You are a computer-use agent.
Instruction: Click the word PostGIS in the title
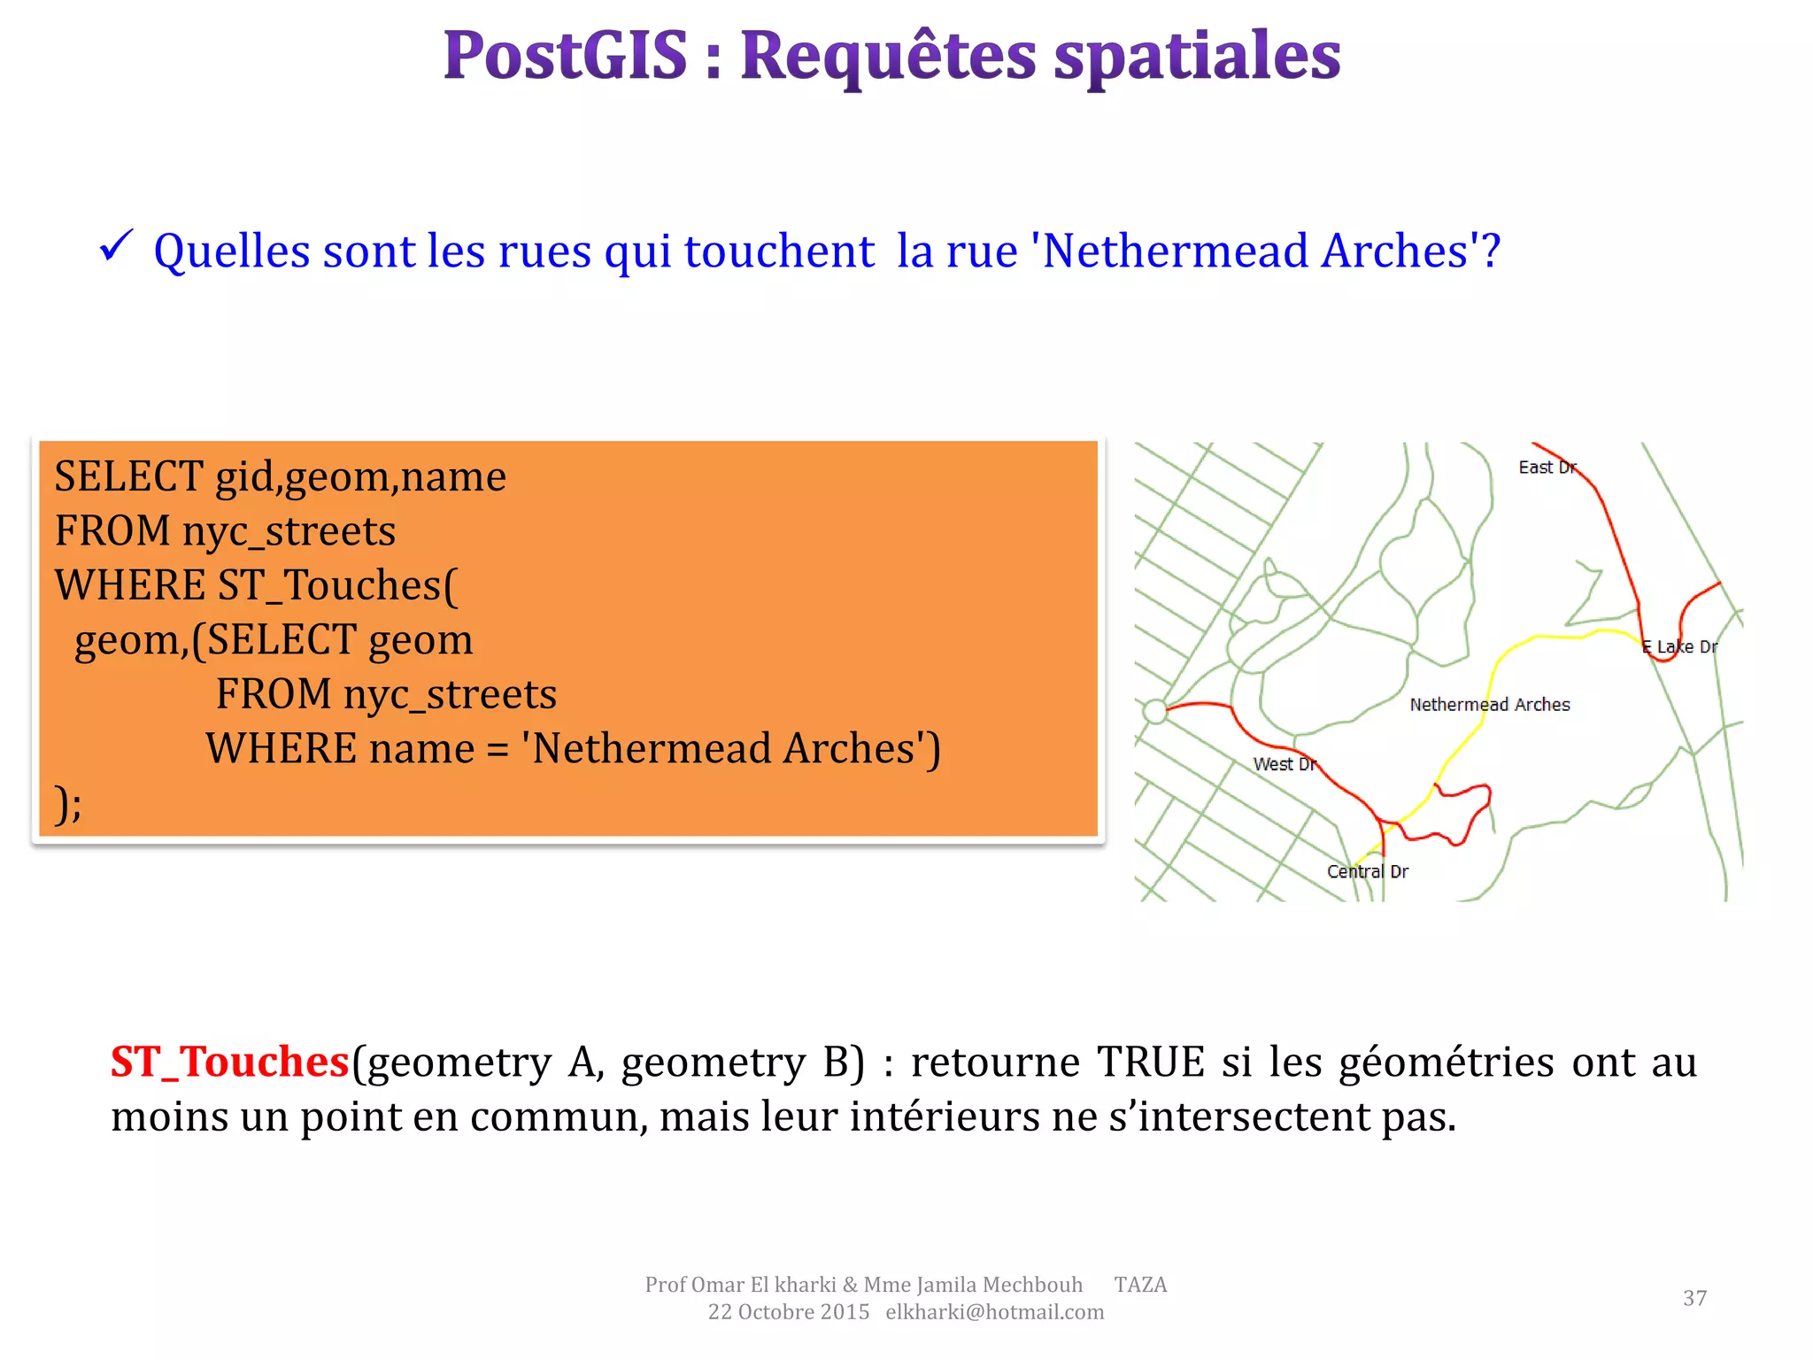click(565, 55)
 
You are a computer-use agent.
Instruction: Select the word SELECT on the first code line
click(128, 476)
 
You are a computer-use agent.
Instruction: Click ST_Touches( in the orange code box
click(337, 585)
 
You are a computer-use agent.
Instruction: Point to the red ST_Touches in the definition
click(229, 1062)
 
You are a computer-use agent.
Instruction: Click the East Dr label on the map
click(1547, 467)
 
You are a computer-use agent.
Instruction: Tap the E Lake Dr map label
click(1679, 647)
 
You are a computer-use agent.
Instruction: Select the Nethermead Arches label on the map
click(1490, 705)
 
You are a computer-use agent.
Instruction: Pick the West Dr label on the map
click(1285, 764)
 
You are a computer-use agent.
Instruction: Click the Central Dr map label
click(1367, 871)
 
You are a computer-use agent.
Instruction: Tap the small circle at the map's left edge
click(1154, 711)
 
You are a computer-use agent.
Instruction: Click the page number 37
click(1694, 1298)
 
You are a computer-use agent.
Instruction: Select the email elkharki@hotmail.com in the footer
click(994, 1312)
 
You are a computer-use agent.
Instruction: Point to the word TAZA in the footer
click(1140, 1285)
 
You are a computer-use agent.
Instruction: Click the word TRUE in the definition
click(1151, 1062)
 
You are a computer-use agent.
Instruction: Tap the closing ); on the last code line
click(68, 803)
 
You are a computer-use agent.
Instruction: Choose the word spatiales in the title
click(1197, 55)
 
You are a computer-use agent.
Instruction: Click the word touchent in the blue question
click(779, 251)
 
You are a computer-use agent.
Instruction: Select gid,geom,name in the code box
click(361, 476)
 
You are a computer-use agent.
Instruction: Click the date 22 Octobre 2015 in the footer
click(788, 1312)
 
